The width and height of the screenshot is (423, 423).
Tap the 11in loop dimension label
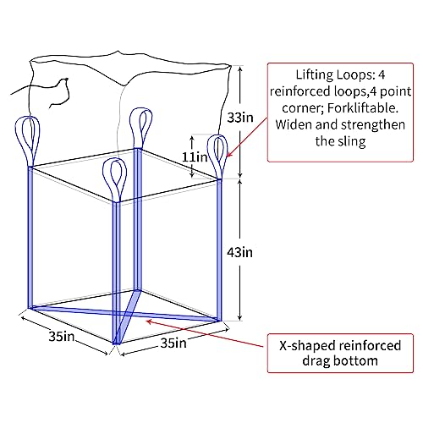pos(195,157)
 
